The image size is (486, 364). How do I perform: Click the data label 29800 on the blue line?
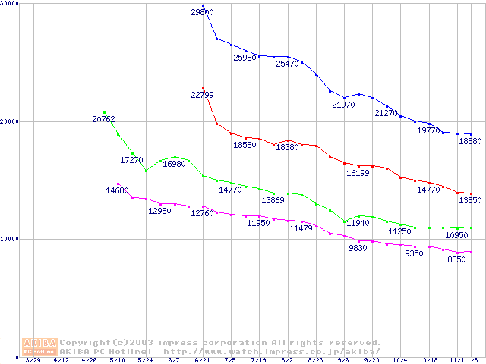click(202, 13)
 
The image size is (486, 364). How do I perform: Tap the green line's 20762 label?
click(103, 119)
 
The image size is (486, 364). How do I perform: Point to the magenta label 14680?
click(117, 190)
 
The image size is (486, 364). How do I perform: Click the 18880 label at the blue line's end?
click(470, 141)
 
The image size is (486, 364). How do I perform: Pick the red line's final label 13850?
click(470, 199)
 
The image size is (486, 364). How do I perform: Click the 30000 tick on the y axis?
click(10, 4)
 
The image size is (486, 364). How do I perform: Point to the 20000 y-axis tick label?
click(10, 121)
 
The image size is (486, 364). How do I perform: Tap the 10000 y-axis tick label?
click(10, 239)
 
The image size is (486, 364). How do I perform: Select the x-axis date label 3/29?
click(33, 361)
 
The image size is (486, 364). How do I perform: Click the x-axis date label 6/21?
click(202, 361)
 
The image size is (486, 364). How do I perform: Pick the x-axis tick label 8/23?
click(315, 361)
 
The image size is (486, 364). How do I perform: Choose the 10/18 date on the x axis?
click(428, 361)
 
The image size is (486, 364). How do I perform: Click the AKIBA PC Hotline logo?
click(39, 347)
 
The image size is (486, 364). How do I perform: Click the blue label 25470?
click(287, 64)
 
